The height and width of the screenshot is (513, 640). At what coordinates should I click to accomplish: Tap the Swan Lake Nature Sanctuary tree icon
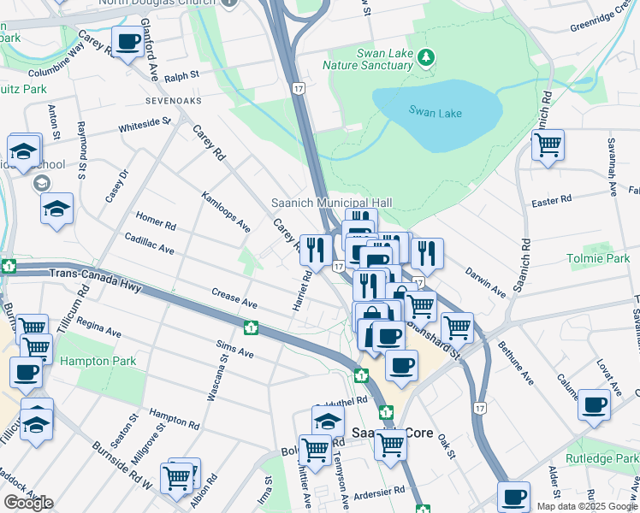pos(427,57)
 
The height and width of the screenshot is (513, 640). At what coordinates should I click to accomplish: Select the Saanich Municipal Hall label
pos(331,203)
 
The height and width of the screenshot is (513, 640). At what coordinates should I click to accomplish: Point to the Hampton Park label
pos(98,361)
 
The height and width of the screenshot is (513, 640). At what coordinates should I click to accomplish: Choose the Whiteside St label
pos(145,125)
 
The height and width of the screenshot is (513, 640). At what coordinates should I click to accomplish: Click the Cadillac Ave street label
pos(149,244)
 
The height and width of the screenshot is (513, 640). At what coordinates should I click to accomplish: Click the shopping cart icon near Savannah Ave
pos(548,144)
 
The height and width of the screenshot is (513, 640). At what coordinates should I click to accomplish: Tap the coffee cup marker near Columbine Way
pos(127,42)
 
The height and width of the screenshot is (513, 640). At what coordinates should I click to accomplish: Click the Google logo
pos(27,503)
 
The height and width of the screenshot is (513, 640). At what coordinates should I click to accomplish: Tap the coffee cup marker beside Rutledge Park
pos(594,404)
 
